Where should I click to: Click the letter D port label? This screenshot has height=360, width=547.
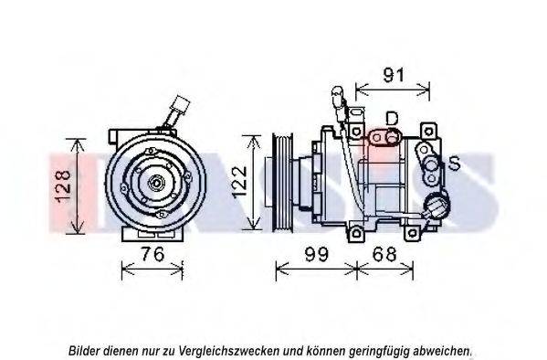point(392,119)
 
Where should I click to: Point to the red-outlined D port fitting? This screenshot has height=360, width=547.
point(384,139)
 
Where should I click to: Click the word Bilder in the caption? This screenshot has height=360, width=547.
point(84,350)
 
